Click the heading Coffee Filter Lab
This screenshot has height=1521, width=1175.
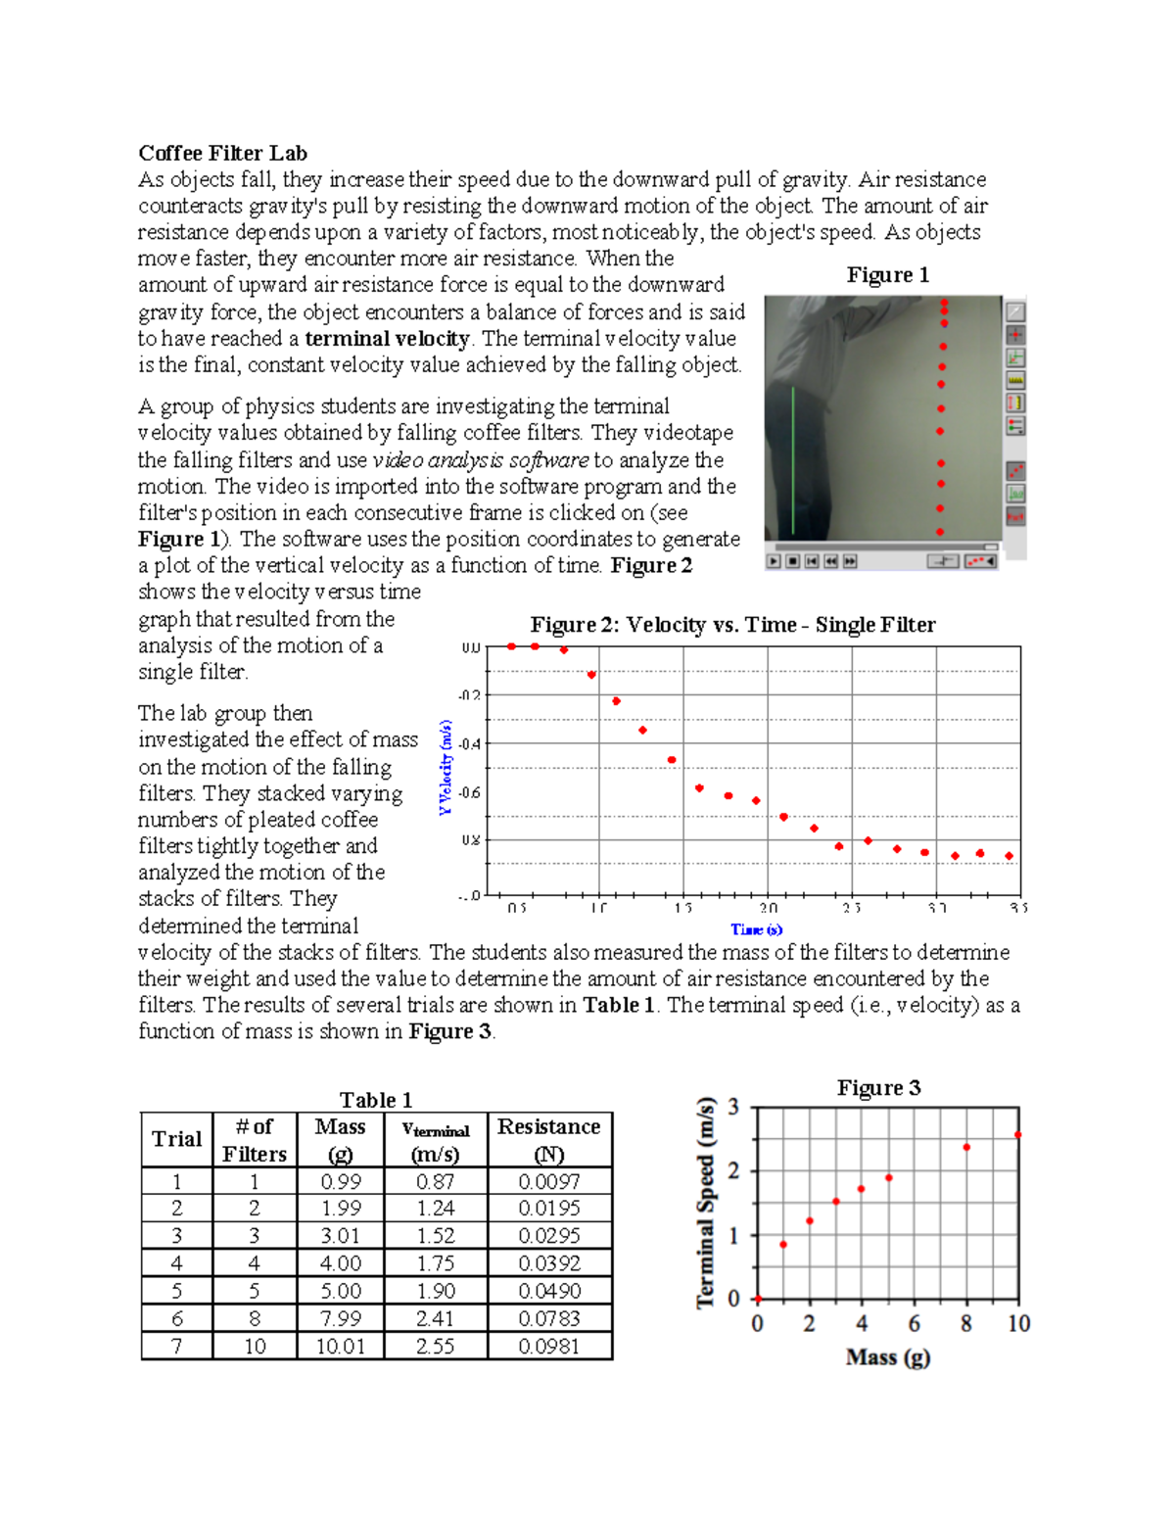pos(222,153)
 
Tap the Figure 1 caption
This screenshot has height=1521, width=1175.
pos(887,275)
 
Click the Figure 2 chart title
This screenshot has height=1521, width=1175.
pos(732,625)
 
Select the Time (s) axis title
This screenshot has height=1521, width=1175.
pos(756,929)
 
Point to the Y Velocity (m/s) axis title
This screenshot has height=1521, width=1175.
pos(446,767)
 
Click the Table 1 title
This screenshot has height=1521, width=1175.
pos(375,1100)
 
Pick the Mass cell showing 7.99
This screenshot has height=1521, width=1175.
pos(340,1318)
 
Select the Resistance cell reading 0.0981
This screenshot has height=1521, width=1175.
pos(548,1347)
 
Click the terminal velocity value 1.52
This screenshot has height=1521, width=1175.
pos(435,1236)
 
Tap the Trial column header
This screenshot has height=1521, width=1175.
pos(176,1139)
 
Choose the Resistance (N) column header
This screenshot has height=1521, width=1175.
pos(548,1139)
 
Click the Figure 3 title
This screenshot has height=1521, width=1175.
pos(878,1088)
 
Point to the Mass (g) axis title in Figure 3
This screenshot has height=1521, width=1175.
pos(887,1357)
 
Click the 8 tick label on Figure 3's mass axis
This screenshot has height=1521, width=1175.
pos(966,1324)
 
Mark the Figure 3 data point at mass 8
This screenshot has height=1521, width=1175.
pos(966,1147)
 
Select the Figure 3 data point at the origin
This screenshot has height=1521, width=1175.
pos(758,1299)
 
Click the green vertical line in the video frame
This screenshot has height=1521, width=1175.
pos(793,460)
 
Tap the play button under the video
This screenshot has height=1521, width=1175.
pos(774,561)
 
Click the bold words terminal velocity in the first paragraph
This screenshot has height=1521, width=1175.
pos(388,339)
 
